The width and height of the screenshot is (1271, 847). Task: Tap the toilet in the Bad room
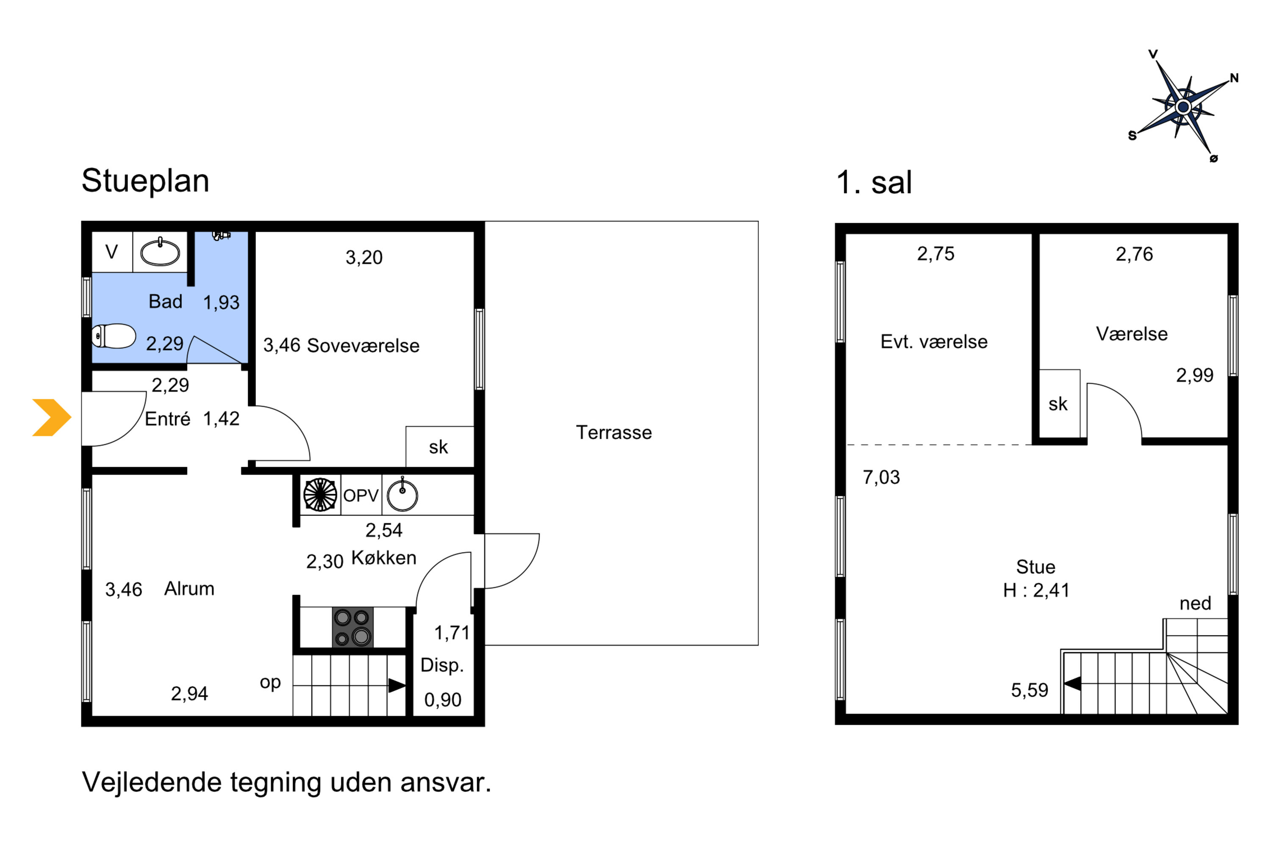click(x=114, y=336)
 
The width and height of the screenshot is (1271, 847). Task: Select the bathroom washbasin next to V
click(x=160, y=252)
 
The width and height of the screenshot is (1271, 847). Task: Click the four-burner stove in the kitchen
click(x=352, y=627)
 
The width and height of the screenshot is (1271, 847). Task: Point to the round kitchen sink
click(x=402, y=495)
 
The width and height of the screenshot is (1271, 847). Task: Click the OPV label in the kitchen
click(x=361, y=495)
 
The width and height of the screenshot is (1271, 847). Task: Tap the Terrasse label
click(x=614, y=432)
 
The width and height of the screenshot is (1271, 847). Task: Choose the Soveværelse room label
click(x=363, y=346)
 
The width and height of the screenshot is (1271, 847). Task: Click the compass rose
click(x=1183, y=107)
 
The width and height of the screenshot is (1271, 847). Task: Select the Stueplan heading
click(x=145, y=181)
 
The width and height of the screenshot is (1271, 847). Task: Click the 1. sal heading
click(x=874, y=182)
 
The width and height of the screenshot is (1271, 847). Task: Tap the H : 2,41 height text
click(x=1036, y=590)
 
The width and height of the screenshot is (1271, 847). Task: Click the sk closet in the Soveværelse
click(x=440, y=447)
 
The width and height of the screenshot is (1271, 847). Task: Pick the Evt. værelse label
click(x=934, y=342)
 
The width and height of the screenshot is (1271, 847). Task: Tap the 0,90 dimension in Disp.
click(x=443, y=700)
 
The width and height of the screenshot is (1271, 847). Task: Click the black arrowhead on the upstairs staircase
click(x=1072, y=684)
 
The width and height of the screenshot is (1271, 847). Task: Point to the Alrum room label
click(x=189, y=589)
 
